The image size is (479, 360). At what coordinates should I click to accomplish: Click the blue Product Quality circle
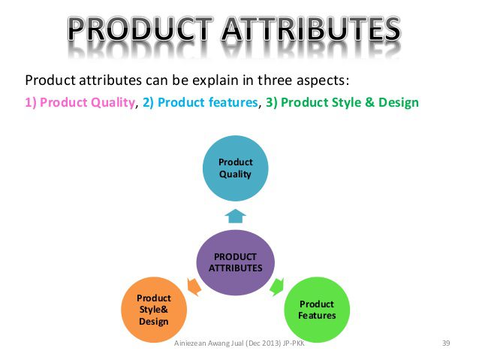(236, 168)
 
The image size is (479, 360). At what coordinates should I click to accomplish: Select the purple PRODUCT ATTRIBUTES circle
(236, 262)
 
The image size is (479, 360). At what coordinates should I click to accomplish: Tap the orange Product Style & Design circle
(154, 310)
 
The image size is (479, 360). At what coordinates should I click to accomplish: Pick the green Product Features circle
(317, 310)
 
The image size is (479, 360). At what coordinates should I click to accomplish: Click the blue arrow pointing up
(235, 216)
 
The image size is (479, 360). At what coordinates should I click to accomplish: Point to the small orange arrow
(194, 286)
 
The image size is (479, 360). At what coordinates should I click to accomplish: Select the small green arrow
(277, 286)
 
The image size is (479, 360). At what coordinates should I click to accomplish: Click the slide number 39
(446, 343)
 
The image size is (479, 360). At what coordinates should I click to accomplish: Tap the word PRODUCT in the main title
(140, 29)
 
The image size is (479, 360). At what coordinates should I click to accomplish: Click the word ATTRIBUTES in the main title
(311, 29)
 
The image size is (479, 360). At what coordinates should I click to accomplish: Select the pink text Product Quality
(87, 102)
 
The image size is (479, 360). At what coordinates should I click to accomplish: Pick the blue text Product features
(208, 102)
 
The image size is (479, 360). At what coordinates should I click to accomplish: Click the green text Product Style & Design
(350, 102)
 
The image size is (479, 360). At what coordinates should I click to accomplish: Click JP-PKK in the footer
(294, 343)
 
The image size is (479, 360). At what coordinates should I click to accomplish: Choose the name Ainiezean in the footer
(190, 343)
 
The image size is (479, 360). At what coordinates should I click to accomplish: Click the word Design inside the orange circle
(154, 322)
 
